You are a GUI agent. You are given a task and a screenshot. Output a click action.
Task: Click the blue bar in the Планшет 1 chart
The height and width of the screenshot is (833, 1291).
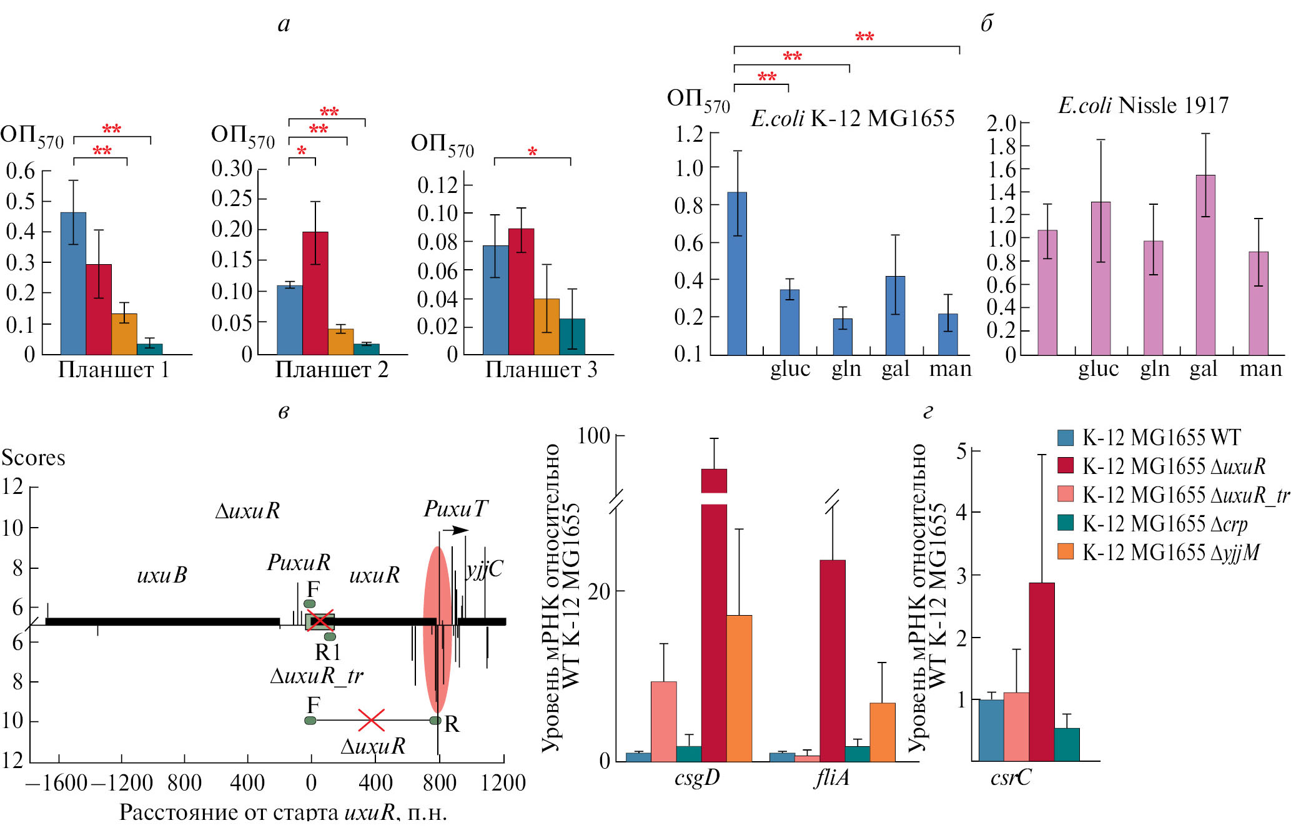coord(73,283)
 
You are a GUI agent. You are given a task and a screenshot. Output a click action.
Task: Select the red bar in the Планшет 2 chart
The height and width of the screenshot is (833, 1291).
coord(315,293)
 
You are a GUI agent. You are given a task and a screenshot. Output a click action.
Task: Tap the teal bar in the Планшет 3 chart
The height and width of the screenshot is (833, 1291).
coord(572,337)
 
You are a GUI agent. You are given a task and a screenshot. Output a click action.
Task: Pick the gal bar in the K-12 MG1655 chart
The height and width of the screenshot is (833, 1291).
coord(895,315)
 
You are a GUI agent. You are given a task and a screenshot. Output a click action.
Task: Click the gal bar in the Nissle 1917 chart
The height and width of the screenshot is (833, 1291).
coord(1205,265)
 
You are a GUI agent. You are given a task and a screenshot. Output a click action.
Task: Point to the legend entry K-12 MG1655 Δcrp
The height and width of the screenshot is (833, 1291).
coord(1164,524)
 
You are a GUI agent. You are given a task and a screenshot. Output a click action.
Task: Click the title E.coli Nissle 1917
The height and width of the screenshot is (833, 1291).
coord(1143,105)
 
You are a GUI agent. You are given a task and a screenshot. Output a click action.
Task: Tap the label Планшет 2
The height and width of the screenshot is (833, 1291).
coord(332,370)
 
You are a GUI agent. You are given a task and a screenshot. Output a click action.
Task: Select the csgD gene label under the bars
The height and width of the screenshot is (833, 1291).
coord(697,778)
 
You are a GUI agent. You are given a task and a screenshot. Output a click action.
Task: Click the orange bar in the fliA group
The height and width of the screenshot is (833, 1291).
coord(882,732)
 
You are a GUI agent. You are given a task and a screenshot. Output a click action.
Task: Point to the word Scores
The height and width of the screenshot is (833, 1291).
coord(33,458)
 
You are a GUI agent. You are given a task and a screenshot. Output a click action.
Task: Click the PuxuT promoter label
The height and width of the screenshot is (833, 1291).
coord(455,509)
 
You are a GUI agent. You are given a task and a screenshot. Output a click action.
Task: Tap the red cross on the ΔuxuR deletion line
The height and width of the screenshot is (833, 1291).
coord(371,720)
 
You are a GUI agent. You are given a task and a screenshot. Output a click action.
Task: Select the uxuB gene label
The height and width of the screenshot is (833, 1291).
coord(162,575)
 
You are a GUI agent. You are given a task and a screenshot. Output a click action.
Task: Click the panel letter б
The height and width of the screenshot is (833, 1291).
coord(987,24)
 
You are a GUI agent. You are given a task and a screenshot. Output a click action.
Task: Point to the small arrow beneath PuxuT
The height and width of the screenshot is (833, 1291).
coord(455,530)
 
